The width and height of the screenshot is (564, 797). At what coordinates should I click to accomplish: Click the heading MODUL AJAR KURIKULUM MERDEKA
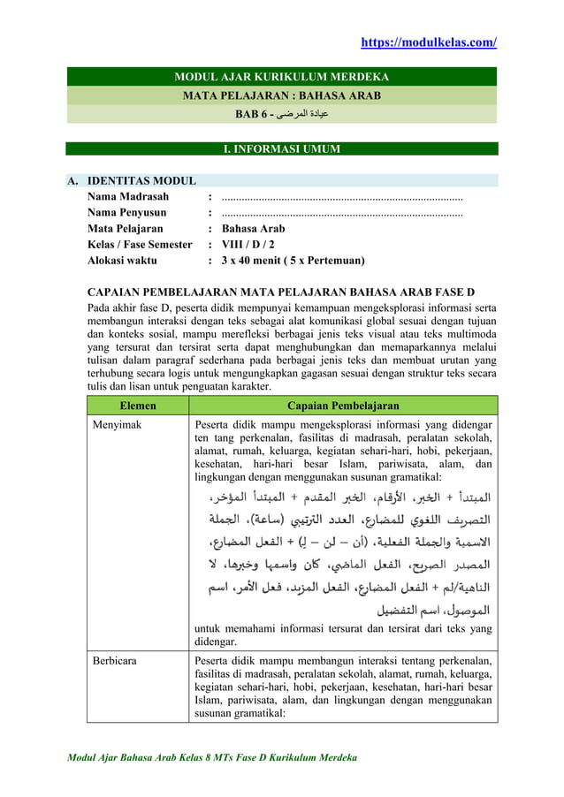[x=281, y=77]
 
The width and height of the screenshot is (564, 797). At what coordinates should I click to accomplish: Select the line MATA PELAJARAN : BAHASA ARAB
[x=281, y=95]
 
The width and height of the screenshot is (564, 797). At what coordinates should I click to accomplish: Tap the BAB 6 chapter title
[x=281, y=113]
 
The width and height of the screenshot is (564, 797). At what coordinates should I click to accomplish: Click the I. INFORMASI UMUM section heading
[x=281, y=148]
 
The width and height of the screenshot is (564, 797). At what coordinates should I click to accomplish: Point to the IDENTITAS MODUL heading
[x=141, y=181]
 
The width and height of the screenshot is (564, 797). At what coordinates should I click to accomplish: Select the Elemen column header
[x=139, y=406]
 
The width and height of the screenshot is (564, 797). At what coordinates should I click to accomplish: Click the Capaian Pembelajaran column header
[x=343, y=406]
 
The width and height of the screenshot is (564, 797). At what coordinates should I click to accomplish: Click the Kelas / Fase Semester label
[x=139, y=244]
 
